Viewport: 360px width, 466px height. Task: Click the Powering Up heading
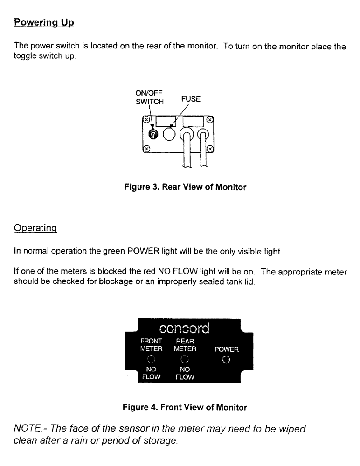[44, 22]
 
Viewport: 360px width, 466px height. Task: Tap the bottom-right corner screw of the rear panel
[210, 149]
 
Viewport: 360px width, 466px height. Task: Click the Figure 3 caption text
[185, 187]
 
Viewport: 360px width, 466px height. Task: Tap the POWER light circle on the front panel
[226, 359]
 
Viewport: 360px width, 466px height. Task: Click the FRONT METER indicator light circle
[151, 359]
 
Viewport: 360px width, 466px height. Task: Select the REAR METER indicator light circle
[185, 359]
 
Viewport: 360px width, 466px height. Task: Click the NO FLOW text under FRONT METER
[151, 373]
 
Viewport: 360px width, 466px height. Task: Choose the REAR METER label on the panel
[185, 345]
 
